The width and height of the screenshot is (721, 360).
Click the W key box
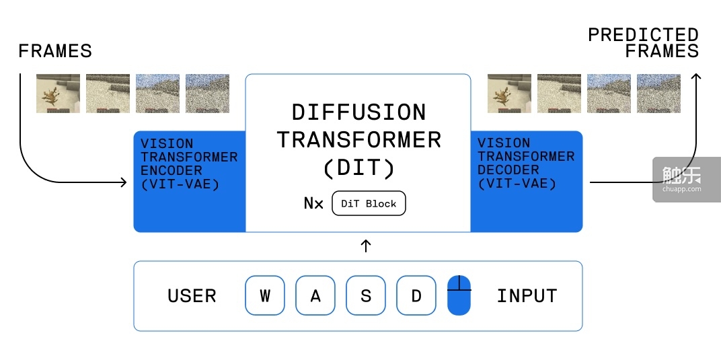click(x=265, y=295)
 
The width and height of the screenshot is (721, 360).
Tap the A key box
click(x=315, y=295)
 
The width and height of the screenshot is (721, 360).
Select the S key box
click(x=366, y=295)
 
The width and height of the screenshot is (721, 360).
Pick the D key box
click(x=416, y=295)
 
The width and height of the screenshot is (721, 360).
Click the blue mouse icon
click(x=459, y=295)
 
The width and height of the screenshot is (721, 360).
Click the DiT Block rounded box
click(x=369, y=204)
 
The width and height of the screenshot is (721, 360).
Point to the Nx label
click(x=313, y=204)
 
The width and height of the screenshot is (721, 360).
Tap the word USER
click(x=192, y=296)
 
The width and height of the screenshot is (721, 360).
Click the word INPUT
click(x=527, y=296)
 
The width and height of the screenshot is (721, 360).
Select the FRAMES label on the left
click(x=55, y=51)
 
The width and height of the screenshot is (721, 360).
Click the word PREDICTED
click(x=644, y=35)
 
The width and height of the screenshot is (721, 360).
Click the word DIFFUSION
click(x=359, y=112)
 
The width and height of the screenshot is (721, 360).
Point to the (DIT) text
click(x=359, y=168)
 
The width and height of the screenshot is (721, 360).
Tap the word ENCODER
click(x=171, y=170)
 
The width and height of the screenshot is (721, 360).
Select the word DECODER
click(x=508, y=170)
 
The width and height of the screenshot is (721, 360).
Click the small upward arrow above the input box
click(x=366, y=246)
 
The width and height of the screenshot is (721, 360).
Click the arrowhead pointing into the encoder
click(x=124, y=182)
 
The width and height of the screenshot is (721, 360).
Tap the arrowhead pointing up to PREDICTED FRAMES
click(x=696, y=77)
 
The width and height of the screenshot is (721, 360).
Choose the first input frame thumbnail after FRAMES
click(x=59, y=94)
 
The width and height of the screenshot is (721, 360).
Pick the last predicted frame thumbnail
click(x=658, y=94)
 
